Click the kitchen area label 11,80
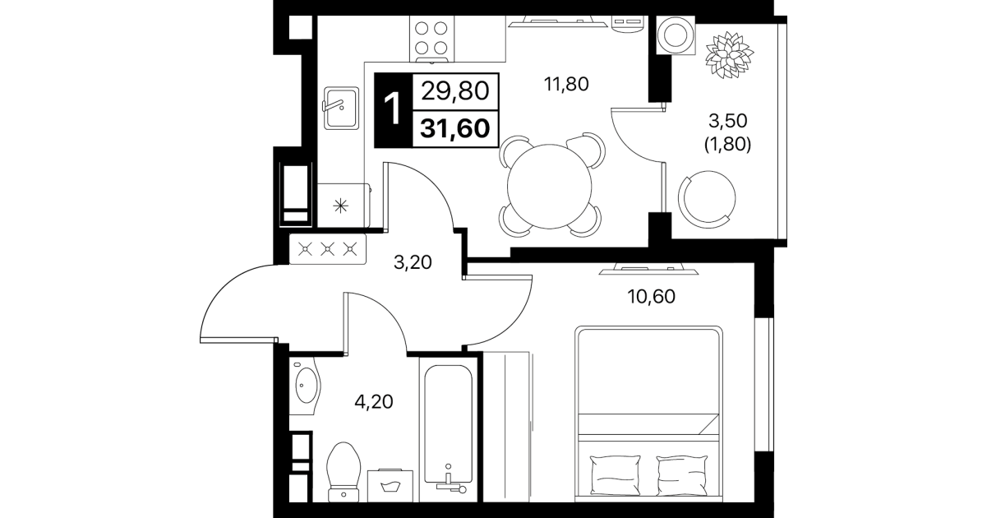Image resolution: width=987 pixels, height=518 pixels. point(566,84)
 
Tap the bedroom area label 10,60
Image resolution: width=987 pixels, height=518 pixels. point(651,297)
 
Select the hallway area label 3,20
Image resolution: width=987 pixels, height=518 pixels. point(413,263)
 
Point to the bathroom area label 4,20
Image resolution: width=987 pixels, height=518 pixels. point(374,401)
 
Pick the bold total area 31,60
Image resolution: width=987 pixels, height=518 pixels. point(454,129)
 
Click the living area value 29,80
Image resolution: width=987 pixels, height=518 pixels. point(455,91)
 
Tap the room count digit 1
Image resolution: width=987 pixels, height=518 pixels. point(392,109)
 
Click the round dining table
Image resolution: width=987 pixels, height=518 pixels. point(549,187)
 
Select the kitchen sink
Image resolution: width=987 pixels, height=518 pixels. point(341,108)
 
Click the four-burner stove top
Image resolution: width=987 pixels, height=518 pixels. point(431,39)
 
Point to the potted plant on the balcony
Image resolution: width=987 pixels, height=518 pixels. point(729,54)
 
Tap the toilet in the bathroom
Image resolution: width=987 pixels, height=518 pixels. point(344,472)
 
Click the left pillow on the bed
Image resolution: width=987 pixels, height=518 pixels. point(615,474)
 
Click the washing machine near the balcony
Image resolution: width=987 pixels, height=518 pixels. point(675,35)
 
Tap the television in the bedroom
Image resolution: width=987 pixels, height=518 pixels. point(648,269)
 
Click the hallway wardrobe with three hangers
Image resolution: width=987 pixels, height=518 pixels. point(327,249)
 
